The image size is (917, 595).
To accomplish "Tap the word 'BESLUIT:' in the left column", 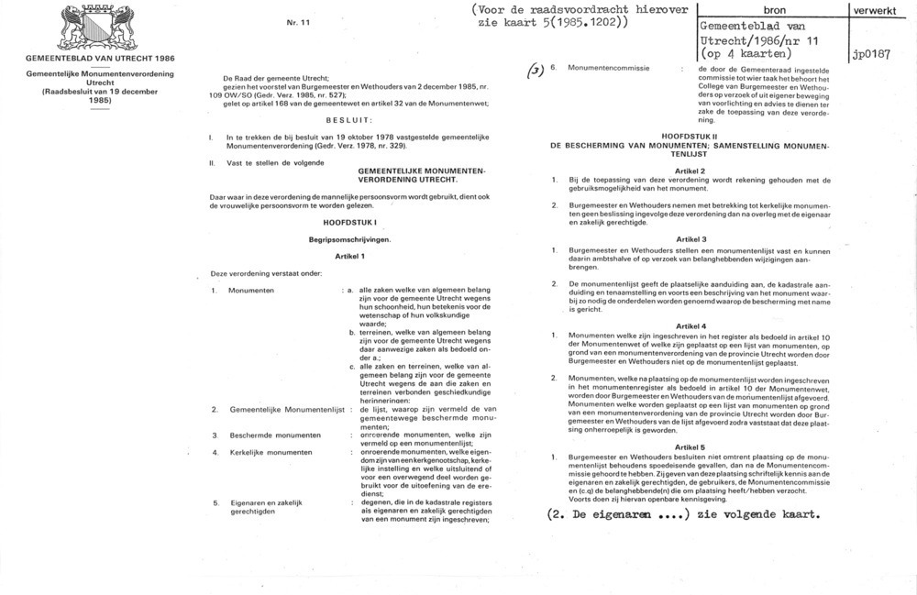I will pyautogui.click(x=348, y=120).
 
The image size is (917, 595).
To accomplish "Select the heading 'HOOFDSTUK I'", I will pyautogui.click(x=348, y=224).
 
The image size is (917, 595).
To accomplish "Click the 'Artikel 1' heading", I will pyautogui.click(x=350, y=256).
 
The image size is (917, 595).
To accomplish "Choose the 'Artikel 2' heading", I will pyautogui.click(x=690, y=171).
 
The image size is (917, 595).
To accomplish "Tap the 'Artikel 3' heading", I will pyautogui.click(x=690, y=238).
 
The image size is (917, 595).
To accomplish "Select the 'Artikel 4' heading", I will pyautogui.click(x=690, y=326).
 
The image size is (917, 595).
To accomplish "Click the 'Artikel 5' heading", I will pyautogui.click(x=690, y=446).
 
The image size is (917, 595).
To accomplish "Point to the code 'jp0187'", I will pyautogui.click(x=872, y=54).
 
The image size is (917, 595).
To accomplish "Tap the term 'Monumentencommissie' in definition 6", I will pyautogui.click(x=609, y=69).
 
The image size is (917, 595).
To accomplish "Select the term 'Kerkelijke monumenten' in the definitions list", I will pyautogui.click(x=267, y=453).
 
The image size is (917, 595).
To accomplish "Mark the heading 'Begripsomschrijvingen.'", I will pyautogui.click(x=349, y=239).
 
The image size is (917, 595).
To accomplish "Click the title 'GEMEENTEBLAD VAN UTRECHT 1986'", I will pyautogui.click(x=101, y=58).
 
